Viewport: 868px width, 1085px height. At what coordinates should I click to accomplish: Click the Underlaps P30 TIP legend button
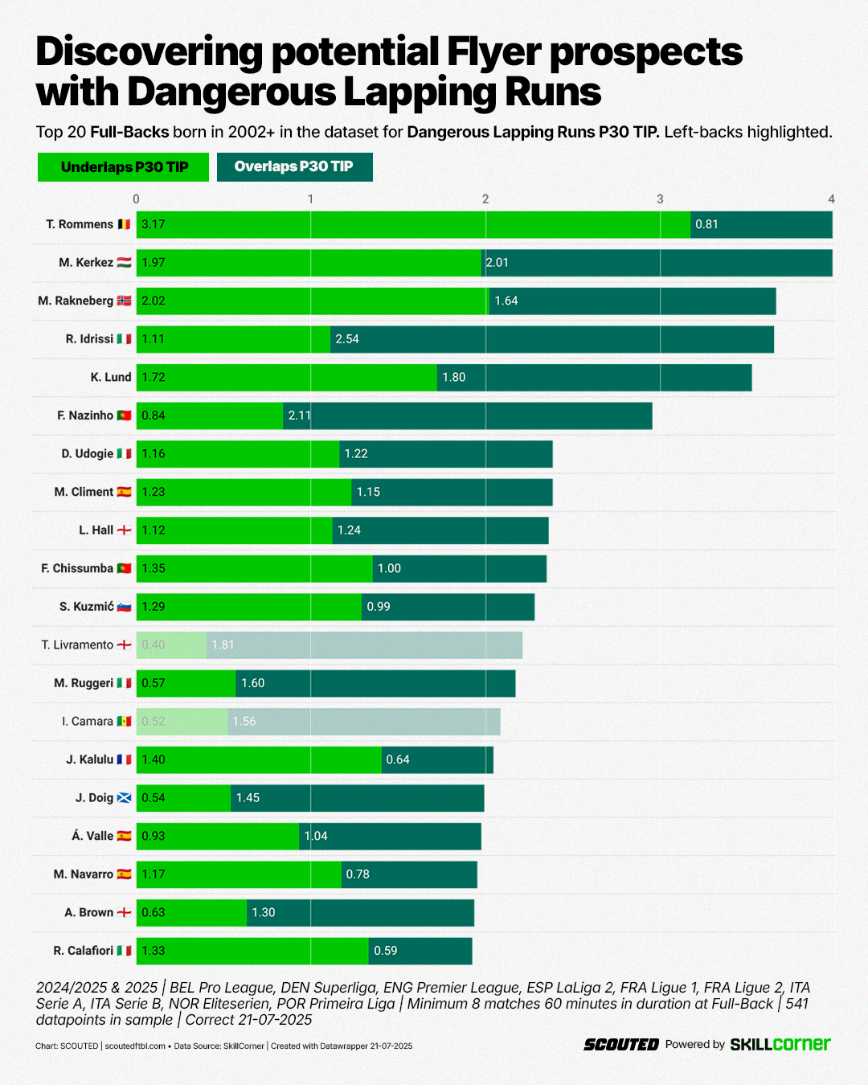click(123, 167)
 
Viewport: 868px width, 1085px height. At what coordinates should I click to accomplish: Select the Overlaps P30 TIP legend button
click(294, 166)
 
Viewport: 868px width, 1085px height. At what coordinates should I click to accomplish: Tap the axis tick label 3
click(660, 199)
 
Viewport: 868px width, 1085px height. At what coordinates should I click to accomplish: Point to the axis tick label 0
click(136, 199)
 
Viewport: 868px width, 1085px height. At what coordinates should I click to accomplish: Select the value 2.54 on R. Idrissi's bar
click(347, 339)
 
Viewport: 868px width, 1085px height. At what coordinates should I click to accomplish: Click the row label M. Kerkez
click(86, 263)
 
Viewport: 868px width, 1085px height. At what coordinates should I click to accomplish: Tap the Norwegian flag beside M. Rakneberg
click(124, 301)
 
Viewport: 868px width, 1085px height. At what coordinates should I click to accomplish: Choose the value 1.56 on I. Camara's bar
click(244, 722)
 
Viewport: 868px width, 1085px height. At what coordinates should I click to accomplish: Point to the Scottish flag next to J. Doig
click(124, 798)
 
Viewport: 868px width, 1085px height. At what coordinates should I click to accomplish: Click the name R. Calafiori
click(84, 951)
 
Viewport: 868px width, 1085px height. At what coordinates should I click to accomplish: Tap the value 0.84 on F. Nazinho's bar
click(154, 416)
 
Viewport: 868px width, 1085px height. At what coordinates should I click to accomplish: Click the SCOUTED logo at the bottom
click(621, 1045)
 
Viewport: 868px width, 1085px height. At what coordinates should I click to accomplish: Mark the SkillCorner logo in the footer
click(780, 1044)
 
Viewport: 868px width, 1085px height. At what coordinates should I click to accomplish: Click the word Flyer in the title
click(493, 52)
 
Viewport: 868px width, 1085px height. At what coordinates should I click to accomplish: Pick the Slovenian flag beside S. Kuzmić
click(124, 607)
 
